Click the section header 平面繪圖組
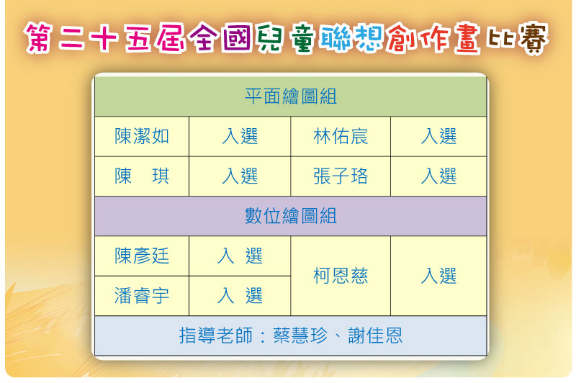click(x=291, y=96)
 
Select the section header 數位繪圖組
click(x=291, y=216)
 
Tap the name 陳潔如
click(x=142, y=136)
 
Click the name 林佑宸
click(x=341, y=136)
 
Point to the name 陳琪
click(x=142, y=176)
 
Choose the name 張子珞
click(x=341, y=176)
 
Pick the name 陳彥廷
click(x=142, y=256)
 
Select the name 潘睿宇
click(x=142, y=296)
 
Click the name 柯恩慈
click(x=341, y=276)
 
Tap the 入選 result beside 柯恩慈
click(x=438, y=276)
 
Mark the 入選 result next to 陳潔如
click(x=240, y=136)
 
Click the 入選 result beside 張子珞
click(x=438, y=176)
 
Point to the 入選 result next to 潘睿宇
click(x=240, y=296)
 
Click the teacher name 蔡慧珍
click(x=300, y=335)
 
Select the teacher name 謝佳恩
click(x=375, y=335)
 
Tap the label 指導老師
click(x=215, y=335)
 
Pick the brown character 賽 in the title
click(x=533, y=39)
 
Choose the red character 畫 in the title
click(x=467, y=38)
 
